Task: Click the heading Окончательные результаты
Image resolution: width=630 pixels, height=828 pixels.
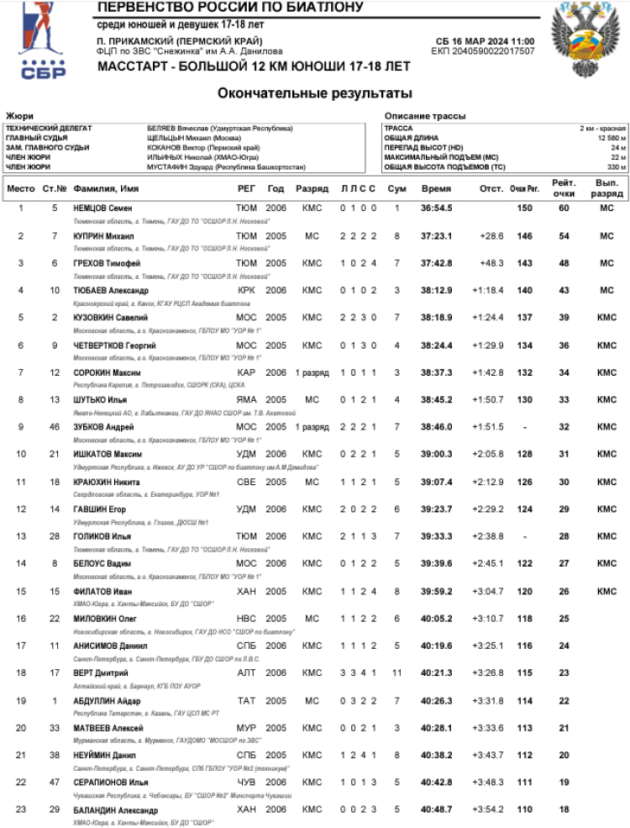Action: (x=315, y=92)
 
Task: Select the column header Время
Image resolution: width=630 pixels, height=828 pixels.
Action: (x=436, y=189)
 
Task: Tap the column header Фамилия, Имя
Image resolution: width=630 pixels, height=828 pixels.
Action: (x=107, y=189)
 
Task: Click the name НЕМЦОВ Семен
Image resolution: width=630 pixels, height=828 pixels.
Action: (x=104, y=208)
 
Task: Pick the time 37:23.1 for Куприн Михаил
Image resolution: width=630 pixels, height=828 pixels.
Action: (x=437, y=236)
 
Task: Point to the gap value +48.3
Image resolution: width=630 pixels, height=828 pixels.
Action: (x=491, y=263)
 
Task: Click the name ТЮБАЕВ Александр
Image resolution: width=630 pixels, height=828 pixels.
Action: (x=111, y=290)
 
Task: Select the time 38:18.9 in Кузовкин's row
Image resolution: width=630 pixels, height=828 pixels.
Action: (x=437, y=318)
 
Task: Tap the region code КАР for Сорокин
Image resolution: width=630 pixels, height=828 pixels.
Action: (x=246, y=372)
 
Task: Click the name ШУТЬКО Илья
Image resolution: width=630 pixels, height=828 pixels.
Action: (x=100, y=399)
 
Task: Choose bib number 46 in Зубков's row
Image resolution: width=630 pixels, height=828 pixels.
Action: (x=55, y=427)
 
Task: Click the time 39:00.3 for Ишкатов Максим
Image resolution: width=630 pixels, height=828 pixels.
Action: (x=437, y=454)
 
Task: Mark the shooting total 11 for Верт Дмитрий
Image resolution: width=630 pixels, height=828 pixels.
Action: (x=397, y=673)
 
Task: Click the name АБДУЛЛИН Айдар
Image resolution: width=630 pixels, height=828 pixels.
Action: (x=105, y=701)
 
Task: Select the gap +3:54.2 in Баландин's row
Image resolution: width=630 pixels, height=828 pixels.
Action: (x=488, y=810)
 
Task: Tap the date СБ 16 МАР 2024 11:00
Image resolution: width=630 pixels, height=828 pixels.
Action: (x=486, y=41)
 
